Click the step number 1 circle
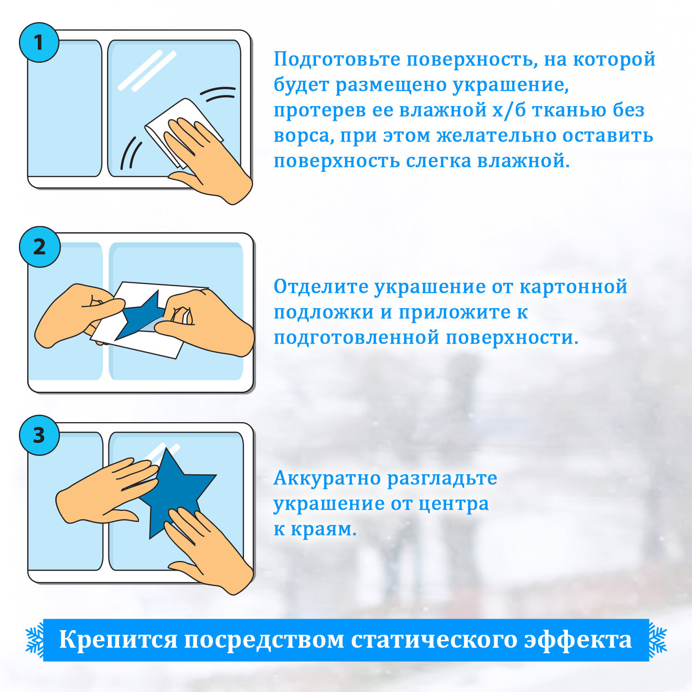click(39, 42)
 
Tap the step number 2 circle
click(39, 247)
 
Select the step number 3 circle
click(39, 435)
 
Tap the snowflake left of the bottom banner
click(34, 640)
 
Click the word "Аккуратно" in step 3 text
click(327, 478)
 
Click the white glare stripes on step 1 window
click(147, 70)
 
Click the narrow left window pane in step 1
click(65, 108)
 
